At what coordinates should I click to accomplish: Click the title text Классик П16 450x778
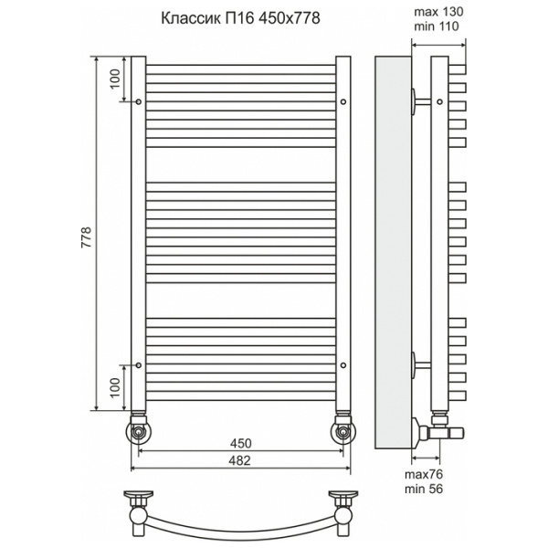pyautogui.click(x=240, y=18)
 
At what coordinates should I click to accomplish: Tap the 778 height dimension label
pyautogui.click(x=86, y=237)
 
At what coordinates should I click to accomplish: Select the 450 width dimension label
pyautogui.click(x=241, y=443)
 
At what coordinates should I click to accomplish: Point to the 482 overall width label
pyautogui.click(x=239, y=460)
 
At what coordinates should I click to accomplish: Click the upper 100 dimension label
pyautogui.click(x=115, y=79)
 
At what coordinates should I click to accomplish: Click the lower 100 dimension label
pyautogui.click(x=115, y=387)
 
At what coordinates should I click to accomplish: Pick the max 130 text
pyautogui.click(x=438, y=12)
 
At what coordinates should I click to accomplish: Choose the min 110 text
pyautogui.click(x=437, y=26)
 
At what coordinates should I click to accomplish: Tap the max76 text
pyautogui.click(x=424, y=474)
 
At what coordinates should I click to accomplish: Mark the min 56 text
pyautogui.click(x=424, y=489)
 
